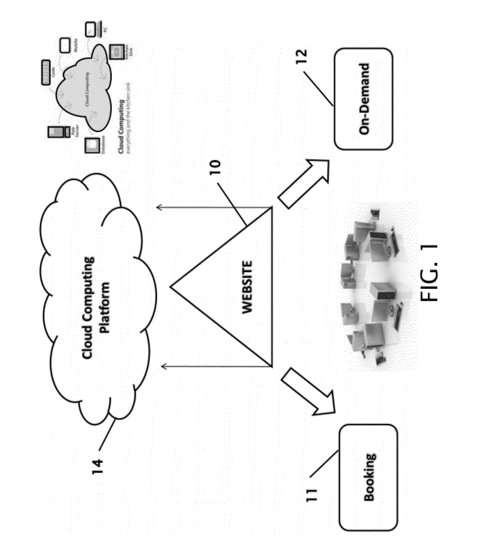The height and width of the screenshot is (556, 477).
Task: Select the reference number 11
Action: coord(313,492)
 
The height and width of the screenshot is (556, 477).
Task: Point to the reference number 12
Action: coord(302,57)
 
